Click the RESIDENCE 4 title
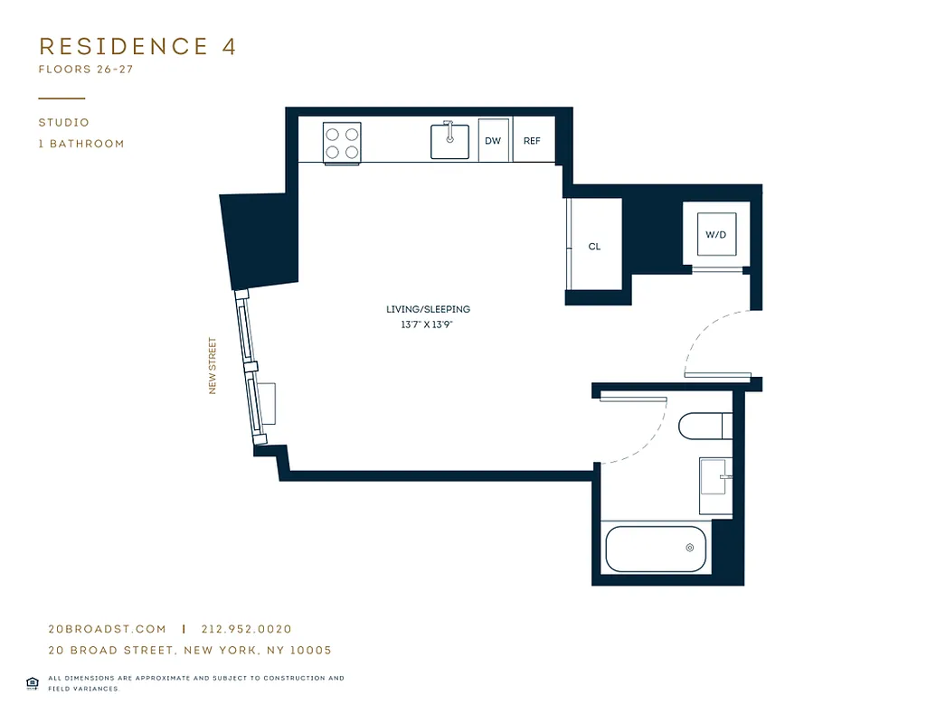click(137, 47)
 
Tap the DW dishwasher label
click(493, 141)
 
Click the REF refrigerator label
click(532, 141)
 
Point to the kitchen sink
click(449, 141)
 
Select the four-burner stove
click(342, 143)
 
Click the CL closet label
click(594, 247)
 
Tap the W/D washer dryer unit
click(715, 235)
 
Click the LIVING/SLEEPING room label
click(428, 309)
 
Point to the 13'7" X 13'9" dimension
click(428, 324)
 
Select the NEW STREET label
click(213, 366)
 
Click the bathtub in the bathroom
click(654, 549)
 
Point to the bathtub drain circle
click(690, 548)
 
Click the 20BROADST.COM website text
click(107, 629)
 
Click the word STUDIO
click(63, 123)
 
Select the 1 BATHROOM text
click(81, 144)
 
